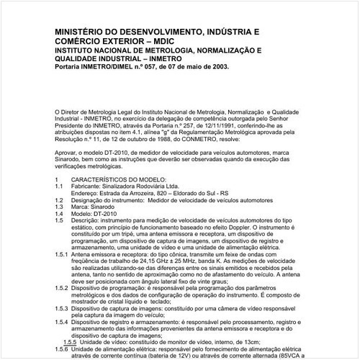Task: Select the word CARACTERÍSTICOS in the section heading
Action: pyautogui.click(x=112, y=178)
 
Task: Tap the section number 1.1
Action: pyautogui.click(x=59, y=185)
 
